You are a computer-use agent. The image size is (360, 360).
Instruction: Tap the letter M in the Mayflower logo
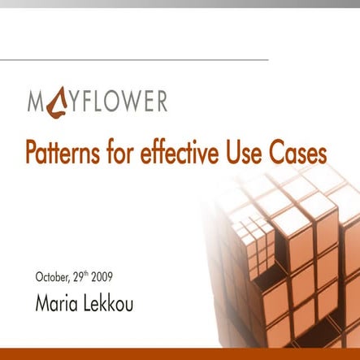pyautogui.click(x=36, y=102)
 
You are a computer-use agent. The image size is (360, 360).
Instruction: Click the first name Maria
pyautogui.click(x=56, y=303)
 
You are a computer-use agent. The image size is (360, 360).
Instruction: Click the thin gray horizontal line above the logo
pyautogui.click(x=134, y=59)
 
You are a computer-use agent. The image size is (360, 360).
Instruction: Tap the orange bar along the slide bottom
pyautogui.click(x=180, y=353)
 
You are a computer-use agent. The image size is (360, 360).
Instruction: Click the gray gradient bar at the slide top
pyautogui.click(x=180, y=4)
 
